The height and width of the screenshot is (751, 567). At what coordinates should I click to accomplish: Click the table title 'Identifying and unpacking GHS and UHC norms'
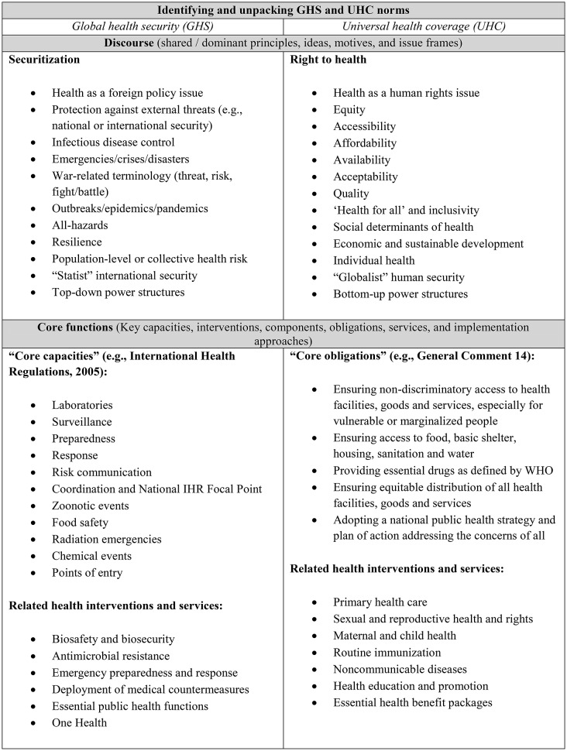(283, 10)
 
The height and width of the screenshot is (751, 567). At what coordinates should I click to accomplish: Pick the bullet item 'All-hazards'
(81, 225)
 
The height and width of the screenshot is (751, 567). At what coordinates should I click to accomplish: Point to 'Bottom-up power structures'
(400, 293)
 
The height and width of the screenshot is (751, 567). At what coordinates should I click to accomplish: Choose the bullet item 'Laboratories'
(82, 405)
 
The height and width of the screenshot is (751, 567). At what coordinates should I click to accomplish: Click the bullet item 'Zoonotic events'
(91, 506)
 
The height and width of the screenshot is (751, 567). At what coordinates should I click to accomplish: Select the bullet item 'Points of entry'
(87, 573)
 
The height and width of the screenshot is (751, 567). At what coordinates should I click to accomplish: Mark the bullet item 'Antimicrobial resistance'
(110, 657)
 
